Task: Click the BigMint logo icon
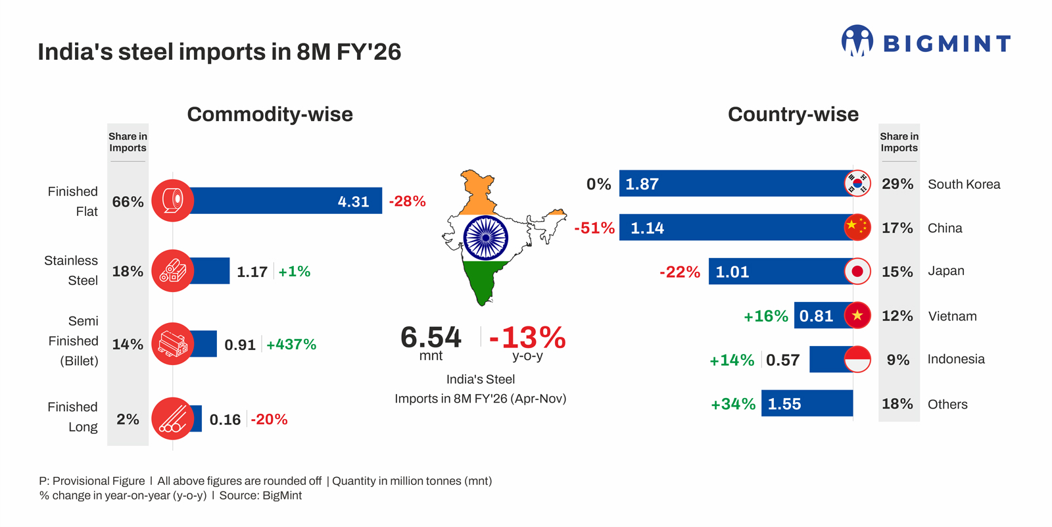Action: pos(857,41)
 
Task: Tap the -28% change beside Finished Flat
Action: pos(407,201)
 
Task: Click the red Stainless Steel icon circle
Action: pos(172,270)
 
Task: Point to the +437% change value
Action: pos(291,344)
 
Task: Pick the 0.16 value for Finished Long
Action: pos(225,419)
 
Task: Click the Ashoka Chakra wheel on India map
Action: pos(485,238)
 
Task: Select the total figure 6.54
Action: pos(431,338)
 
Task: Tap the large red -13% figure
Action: pos(527,338)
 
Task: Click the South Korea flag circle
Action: pos(857,184)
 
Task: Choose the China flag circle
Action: pos(857,227)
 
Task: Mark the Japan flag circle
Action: pos(857,271)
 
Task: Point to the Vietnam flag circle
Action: pos(857,315)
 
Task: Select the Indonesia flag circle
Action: pos(857,359)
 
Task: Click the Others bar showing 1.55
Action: pos(807,403)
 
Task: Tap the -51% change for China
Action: pos(594,228)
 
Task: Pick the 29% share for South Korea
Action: pos(897,184)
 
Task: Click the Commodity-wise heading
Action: pos(270,114)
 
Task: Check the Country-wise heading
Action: pos(793,114)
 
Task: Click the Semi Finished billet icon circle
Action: pos(172,343)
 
